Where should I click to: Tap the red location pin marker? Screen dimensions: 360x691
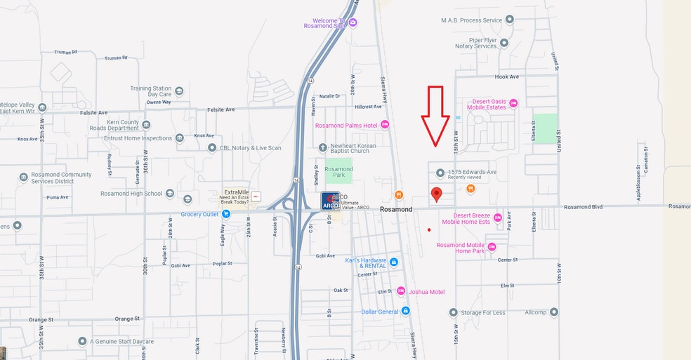click(x=436, y=194)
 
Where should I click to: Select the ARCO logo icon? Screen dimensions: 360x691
click(x=330, y=201)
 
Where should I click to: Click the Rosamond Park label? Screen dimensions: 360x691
click(x=338, y=172)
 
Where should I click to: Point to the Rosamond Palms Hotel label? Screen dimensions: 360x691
click(x=346, y=126)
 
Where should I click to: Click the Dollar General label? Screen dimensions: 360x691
click(x=379, y=312)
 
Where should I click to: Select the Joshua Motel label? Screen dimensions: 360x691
click(x=427, y=291)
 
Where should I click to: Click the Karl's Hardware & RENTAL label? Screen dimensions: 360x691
click(x=366, y=262)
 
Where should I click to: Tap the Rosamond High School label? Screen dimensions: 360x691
click(x=131, y=194)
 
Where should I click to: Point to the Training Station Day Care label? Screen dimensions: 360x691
click(x=150, y=91)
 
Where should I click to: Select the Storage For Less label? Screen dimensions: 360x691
click(x=484, y=312)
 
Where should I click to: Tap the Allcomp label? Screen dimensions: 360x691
click(x=535, y=312)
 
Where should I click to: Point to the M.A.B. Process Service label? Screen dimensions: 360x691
click(x=471, y=20)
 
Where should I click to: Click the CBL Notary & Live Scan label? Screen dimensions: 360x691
click(x=250, y=147)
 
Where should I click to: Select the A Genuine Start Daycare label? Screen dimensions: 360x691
click(x=121, y=342)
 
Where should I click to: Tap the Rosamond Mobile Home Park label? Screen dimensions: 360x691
click(x=461, y=248)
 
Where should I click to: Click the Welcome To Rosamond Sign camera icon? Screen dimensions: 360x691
click(x=353, y=23)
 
